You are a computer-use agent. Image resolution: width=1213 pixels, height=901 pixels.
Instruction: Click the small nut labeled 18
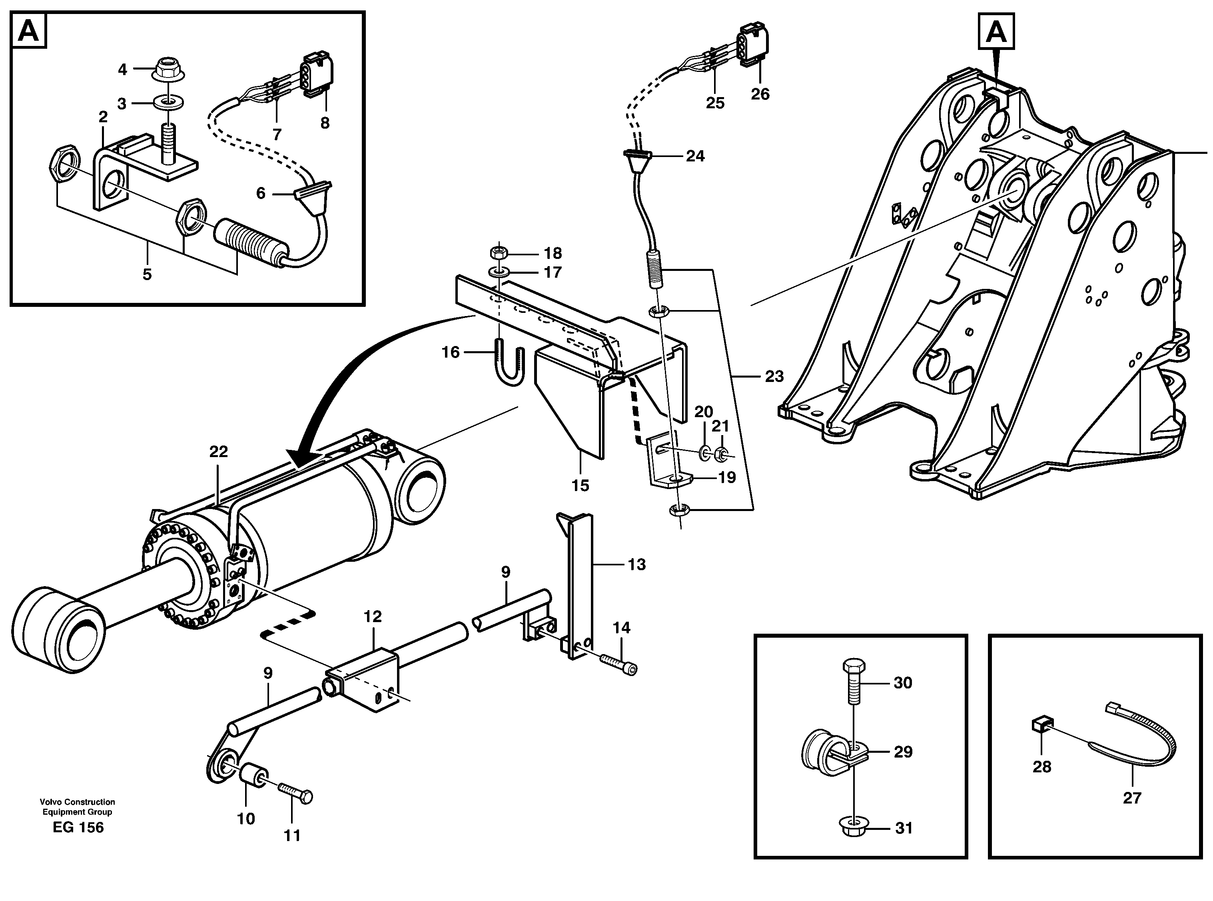(498, 253)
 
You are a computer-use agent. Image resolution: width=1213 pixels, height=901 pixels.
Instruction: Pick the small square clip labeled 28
(1041, 725)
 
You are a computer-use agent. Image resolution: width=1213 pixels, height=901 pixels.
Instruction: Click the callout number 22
(218, 451)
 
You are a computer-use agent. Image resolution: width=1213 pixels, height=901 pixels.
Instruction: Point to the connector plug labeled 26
(755, 47)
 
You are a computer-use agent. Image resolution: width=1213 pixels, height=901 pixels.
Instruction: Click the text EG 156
(78, 827)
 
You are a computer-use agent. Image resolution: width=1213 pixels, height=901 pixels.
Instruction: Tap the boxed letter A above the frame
(996, 32)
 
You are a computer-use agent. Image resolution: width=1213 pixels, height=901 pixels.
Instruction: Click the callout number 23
(774, 376)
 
